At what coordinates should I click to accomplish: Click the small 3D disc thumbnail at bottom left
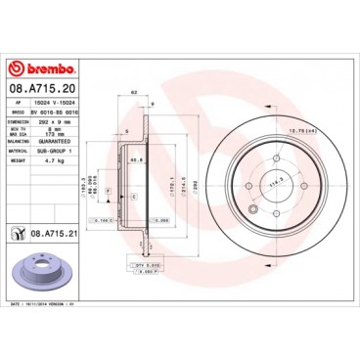(x=32, y=274)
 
